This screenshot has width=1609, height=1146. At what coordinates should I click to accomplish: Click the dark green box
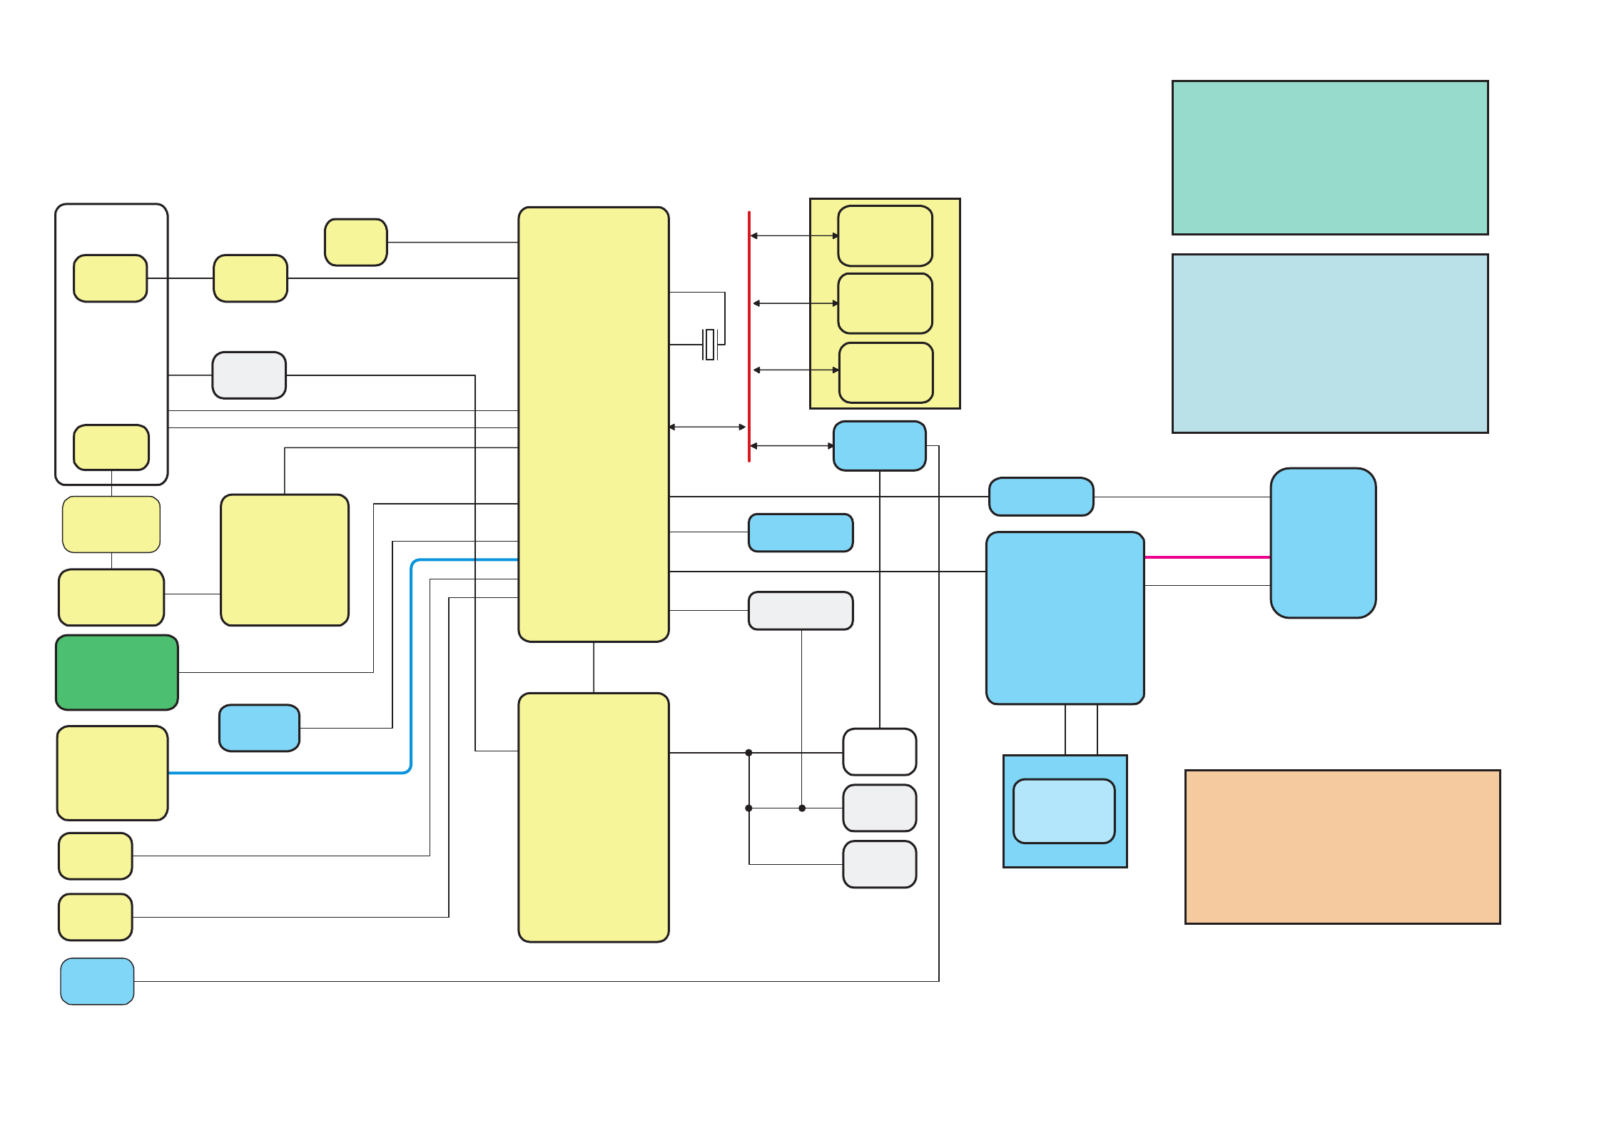pos(117,672)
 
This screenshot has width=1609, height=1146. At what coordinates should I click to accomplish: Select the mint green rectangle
pos(1329,158)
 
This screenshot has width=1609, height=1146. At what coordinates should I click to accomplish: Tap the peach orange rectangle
pos(1342,846)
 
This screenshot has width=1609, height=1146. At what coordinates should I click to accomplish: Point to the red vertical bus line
pos(748,335)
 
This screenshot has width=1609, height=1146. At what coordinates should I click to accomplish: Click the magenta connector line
pos(1207,557)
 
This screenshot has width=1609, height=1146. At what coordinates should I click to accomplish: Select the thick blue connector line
pos(412,664)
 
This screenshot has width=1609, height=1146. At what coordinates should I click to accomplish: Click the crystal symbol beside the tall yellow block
pos(709,345)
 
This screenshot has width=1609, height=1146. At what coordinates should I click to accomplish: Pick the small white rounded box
pos(879,751)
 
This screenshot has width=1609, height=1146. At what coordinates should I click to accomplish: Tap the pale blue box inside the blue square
pos(1064,811)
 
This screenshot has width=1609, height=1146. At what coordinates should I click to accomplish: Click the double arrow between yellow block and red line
pos(707,427)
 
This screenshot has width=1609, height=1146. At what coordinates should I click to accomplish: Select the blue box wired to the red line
pos(879,446)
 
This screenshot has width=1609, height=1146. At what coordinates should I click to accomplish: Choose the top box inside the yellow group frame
pos(885,235)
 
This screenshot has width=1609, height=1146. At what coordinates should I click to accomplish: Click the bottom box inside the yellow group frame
pos(885,372)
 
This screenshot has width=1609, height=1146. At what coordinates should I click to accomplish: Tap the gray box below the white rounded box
pos(879,808)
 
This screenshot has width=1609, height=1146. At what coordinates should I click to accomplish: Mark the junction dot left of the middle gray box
pos(802,808)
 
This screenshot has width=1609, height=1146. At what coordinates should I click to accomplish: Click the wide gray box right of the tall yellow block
pos(800,611)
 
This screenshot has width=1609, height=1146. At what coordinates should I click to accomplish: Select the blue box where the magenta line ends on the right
pos(1323,543)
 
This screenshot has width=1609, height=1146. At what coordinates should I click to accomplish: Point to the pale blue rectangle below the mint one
pos(1329,343)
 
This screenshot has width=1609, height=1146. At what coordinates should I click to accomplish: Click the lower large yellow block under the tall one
pos(593,817)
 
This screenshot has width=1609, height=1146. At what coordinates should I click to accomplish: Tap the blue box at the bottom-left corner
pos(97,981)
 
